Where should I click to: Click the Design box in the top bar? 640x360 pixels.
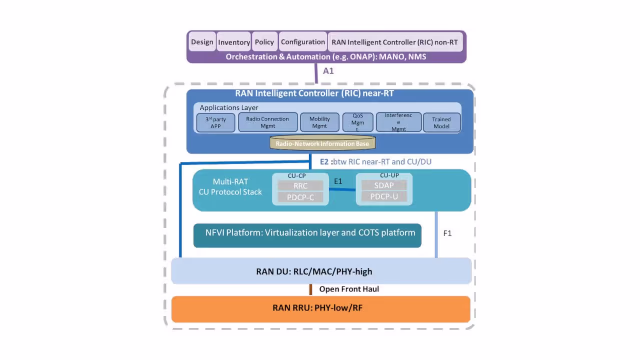pos(202,42)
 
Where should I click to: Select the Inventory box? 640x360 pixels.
pos(233,42)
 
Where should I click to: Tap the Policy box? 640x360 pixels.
pos(264,42)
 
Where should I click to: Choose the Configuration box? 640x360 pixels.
pos(302,42)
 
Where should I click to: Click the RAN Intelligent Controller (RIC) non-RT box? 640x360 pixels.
pos(394,42)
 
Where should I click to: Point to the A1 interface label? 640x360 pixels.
pos(328,71)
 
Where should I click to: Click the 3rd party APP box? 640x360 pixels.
pos(215,122)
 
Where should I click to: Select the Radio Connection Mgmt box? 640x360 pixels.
pos(267,122)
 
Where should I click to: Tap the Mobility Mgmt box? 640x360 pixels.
pos(319,122)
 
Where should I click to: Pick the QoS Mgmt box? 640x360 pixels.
pos(357,122)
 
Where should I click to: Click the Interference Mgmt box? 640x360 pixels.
pos(398,122)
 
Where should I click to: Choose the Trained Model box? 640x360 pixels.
pos(441,122)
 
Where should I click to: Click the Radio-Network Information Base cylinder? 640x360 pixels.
pos(322,143)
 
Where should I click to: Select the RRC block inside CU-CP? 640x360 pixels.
pos(300,185)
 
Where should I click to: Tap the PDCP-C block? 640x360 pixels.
pos(300,197)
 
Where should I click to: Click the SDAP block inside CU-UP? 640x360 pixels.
pos(384,185)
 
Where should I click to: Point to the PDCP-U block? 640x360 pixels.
pos(384,196)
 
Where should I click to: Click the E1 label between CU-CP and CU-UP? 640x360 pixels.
pos(338,181)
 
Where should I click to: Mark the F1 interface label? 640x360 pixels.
pos(447,233)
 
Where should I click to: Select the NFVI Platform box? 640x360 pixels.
pos(307,235)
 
